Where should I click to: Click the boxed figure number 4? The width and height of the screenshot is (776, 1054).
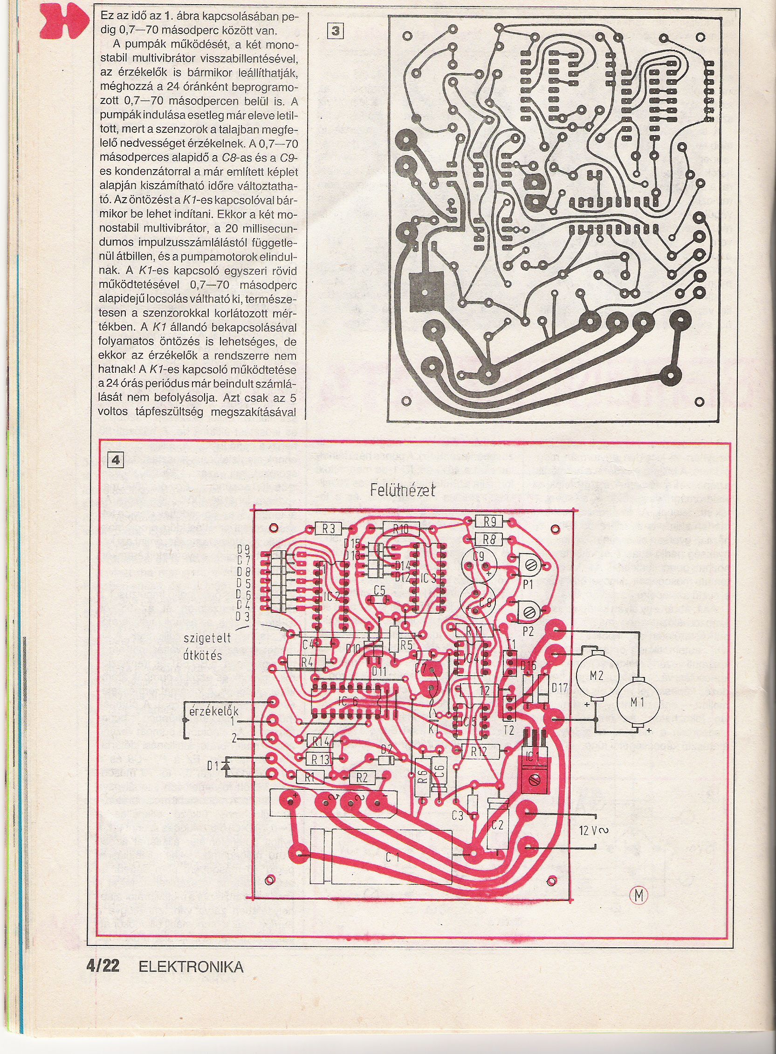click(x=115, y=460)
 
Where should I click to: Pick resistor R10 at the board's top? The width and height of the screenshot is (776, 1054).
click(x=400, y=528)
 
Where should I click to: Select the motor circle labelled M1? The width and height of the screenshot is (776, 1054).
click(x=637, y=703)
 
